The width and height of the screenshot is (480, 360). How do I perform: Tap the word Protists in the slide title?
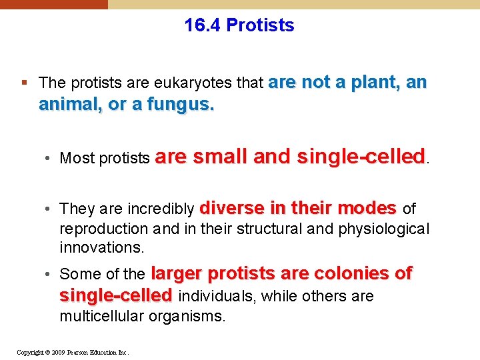pos(260,25)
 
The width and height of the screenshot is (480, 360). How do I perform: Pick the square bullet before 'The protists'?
pos(24,83)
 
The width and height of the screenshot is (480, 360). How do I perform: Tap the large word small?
pos(219,157)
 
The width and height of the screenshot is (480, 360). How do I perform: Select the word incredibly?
pos(163,209)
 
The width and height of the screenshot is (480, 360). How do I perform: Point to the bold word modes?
pos(367,208)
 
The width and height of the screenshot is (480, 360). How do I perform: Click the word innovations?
pos(101,247)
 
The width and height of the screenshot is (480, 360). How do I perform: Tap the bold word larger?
pos(177,273)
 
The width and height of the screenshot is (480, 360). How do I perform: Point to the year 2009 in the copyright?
pos(58,352)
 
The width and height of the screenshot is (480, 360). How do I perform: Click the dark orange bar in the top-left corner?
pos(53,4)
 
